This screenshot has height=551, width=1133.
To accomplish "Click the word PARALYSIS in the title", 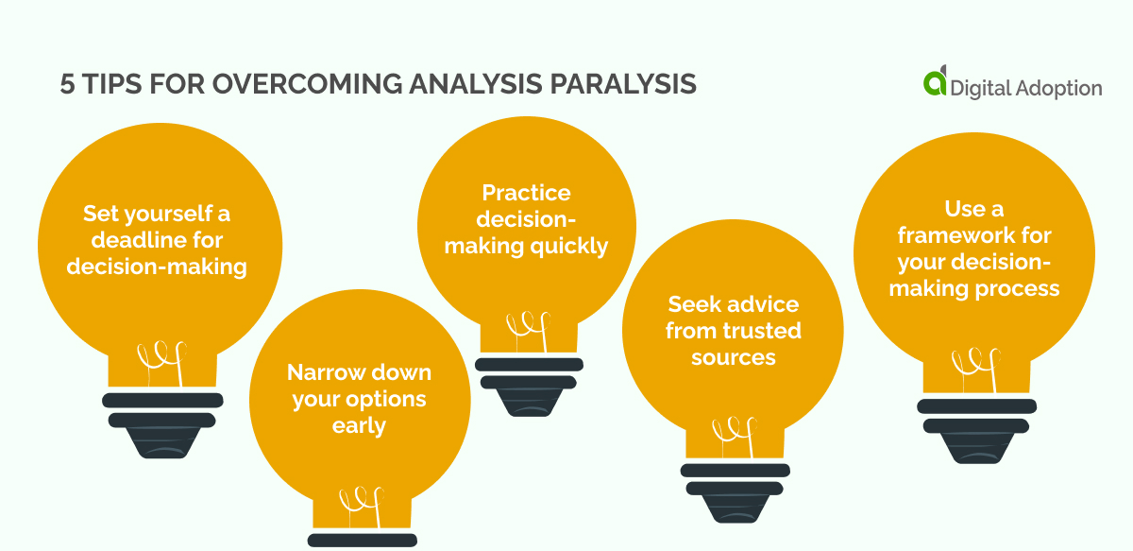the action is [623, 84].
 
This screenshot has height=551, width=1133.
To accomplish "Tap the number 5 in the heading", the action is [67, 84].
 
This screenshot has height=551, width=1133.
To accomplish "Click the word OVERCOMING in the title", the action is [308, 84].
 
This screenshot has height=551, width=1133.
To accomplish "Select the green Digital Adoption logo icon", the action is [935, 80].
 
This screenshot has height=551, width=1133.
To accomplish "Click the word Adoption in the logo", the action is [1058, 88].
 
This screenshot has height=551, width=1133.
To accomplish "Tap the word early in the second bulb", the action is [359, 426].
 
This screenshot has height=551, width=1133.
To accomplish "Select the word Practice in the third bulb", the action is [526, 193].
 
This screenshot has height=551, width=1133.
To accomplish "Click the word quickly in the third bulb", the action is [568, 247].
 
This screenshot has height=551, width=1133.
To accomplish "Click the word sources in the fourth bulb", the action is [734, 357].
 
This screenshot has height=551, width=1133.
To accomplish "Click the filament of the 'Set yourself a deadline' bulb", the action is [161, 362].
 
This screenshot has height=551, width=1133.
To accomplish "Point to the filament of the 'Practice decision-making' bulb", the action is [529, 331].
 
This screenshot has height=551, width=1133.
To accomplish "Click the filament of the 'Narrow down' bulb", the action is [362, 507].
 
